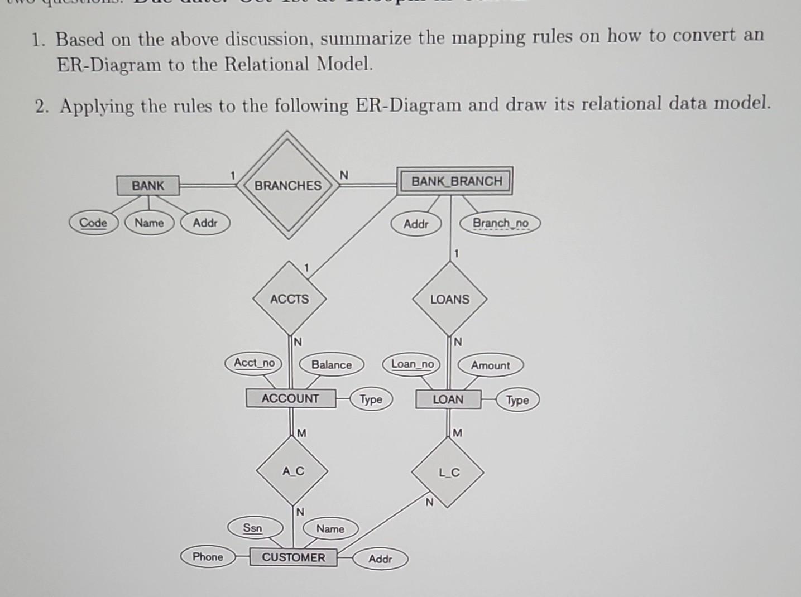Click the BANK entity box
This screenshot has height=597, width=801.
coord(148,185)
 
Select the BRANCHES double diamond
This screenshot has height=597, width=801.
coord(288,185)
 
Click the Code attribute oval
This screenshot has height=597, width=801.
coord(93,223)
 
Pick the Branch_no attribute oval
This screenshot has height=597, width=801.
coord(500,224)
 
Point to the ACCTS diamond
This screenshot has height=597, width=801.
coord(289,299)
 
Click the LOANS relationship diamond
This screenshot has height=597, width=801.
coord(449,300)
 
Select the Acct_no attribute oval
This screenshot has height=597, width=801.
coord(254,363)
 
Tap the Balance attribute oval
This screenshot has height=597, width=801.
coord(332,365)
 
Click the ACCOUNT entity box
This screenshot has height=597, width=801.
coord(290,398)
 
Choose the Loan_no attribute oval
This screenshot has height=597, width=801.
coord(412,364)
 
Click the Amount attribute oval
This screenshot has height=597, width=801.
coord(490,365)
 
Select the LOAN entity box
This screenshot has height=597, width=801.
coord(448,399)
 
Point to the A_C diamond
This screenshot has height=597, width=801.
coord(292,471)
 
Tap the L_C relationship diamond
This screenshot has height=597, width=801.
coord(448,473)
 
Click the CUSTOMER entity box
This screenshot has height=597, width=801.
coord(293,557)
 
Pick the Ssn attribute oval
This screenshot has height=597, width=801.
coord(252,528)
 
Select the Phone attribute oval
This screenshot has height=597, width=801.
coord(208,557)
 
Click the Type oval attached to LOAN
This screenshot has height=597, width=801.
coord(517,400)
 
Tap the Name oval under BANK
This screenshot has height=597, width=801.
coord(149,223)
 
